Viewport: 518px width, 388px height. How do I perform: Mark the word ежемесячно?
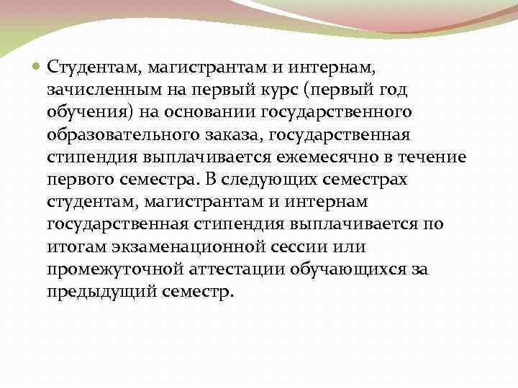[332, 157]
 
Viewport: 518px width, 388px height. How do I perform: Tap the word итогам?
[75, 247]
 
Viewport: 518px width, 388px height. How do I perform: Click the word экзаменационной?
[181, 247]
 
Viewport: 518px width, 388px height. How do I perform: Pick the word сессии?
[291, 247]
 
